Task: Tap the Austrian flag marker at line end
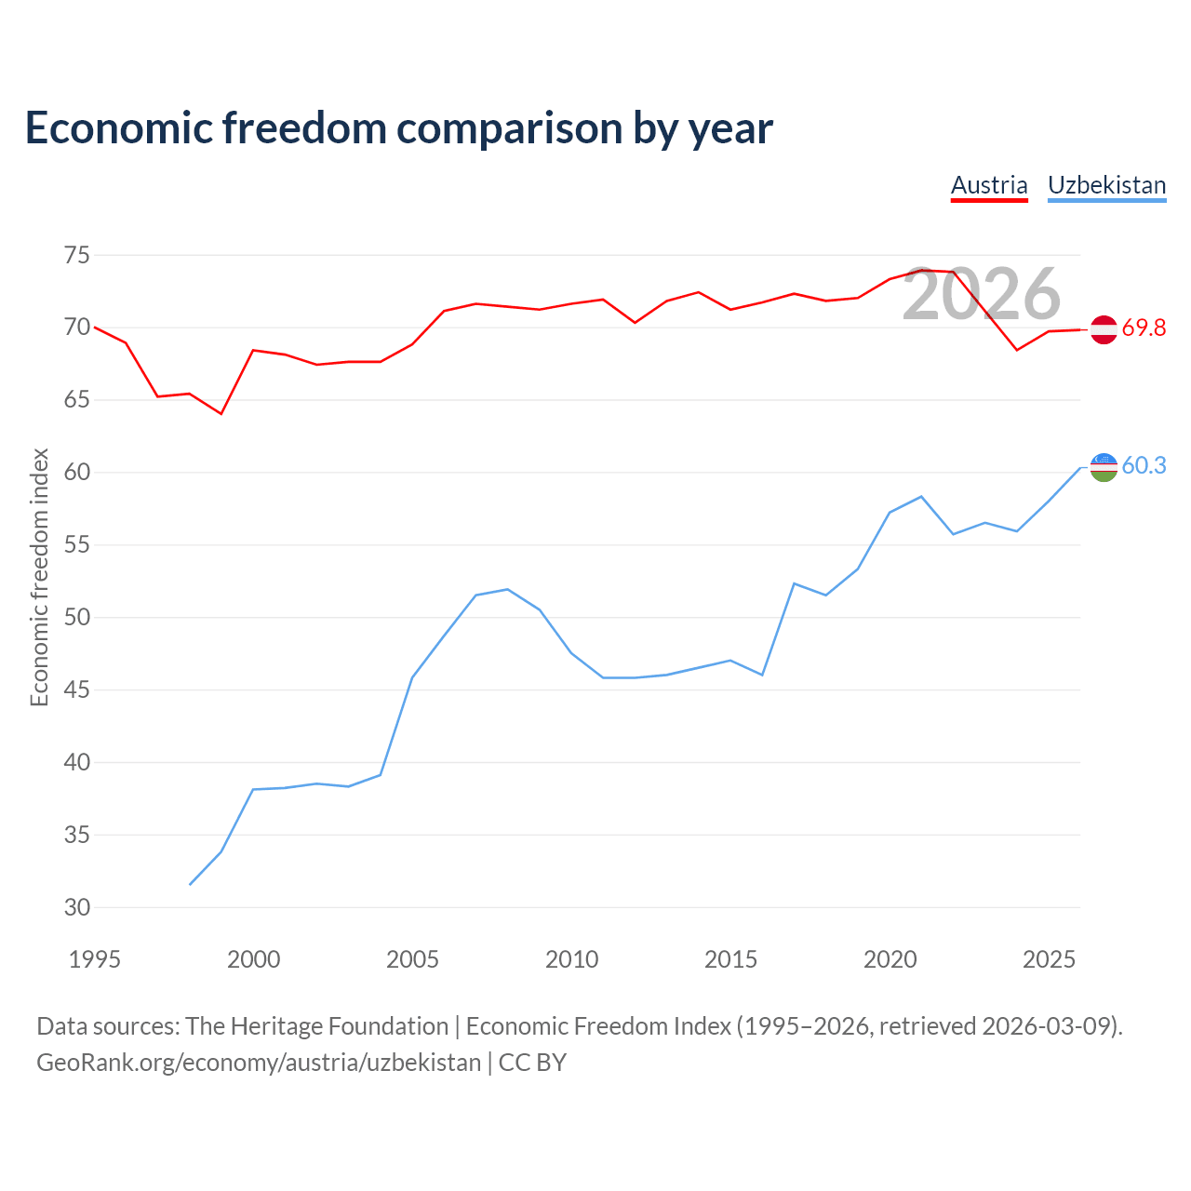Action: (1104, 329)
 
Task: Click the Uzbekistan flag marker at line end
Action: (1104, 467)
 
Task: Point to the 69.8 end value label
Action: (1144, 328)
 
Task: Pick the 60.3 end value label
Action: (1144, 465)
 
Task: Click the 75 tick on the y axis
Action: (76, 255)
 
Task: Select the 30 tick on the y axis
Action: (76, 907)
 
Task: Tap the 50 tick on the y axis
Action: (76, 618)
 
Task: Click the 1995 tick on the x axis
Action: (95, 959)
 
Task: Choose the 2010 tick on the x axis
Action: (571, 959)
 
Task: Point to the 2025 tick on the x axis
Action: (1049, 959)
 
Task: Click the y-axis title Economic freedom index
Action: (39, 577)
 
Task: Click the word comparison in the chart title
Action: (509, 129)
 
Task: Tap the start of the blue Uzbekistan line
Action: (190, 885)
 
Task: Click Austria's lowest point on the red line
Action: (221, 413)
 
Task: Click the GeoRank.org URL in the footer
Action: (259, 1064)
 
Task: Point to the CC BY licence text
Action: (532, 1064)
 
